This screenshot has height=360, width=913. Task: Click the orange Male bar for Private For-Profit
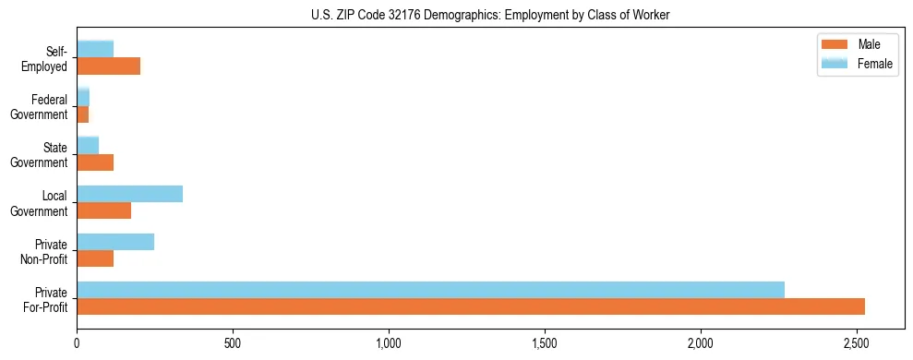pyautogui.click(x=471, y=306)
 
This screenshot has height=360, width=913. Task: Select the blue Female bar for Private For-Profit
pyautogui.click(x=430, y=290)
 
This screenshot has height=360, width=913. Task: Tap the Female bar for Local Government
pyautogui.click(x=129, y=194)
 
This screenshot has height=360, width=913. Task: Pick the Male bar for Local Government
pyautogui.click(x=103, y=210)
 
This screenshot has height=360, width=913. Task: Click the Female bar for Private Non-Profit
pyautogui.click(x=115, y=242)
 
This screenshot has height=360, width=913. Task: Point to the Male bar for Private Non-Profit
pyautogui.click(x=95, y=258)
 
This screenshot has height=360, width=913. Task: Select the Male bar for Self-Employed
pyautogui.click(x=108, y=66)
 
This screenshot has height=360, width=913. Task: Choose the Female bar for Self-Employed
pyautogui.click(x=95, y=49)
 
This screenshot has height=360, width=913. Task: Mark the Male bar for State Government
pyautogui.click(x=95, y=162)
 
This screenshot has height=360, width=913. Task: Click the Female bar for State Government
pyautogui.click(x=88, y=146)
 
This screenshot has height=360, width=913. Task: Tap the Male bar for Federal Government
pyautogui.click(x=83, y=114)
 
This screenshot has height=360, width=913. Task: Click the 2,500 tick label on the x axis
pyautogui.click(x=857, y=344)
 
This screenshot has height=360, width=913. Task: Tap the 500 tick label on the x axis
pyautogui.click(x=233, y=344)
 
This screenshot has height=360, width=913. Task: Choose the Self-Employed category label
pyautogui.click(x=45, y=58)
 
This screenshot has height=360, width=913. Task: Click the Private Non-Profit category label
pyautogui.click(x=46, y=251)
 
